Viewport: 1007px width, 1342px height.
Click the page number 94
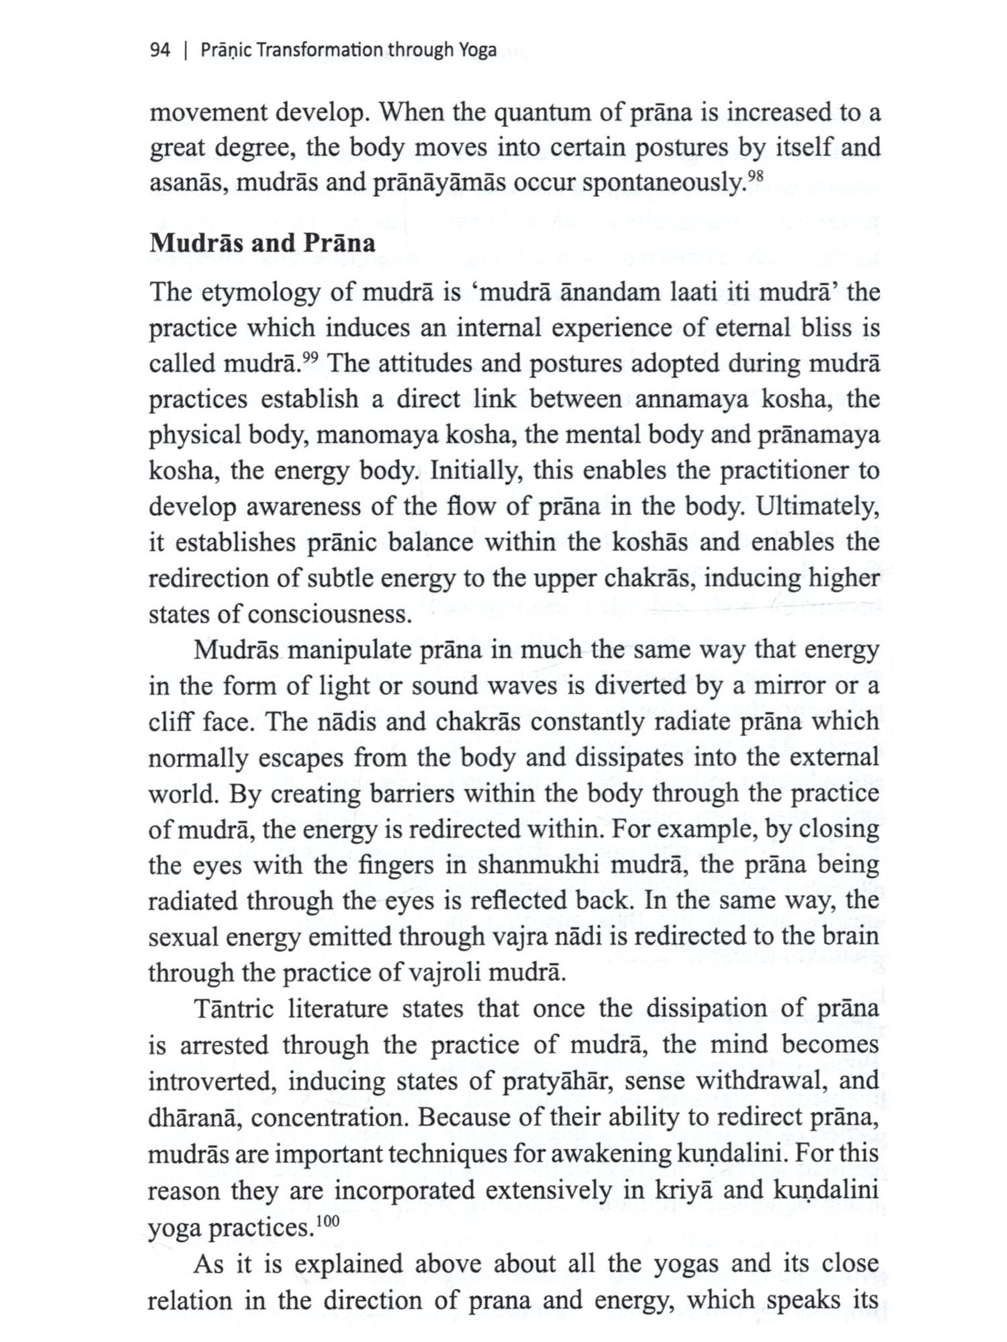pos(160,50)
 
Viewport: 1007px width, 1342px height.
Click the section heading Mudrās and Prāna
pos(262,243)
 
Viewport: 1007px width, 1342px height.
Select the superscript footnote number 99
pos(309,358)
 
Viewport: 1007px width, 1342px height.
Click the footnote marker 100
pos(328,1221)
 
